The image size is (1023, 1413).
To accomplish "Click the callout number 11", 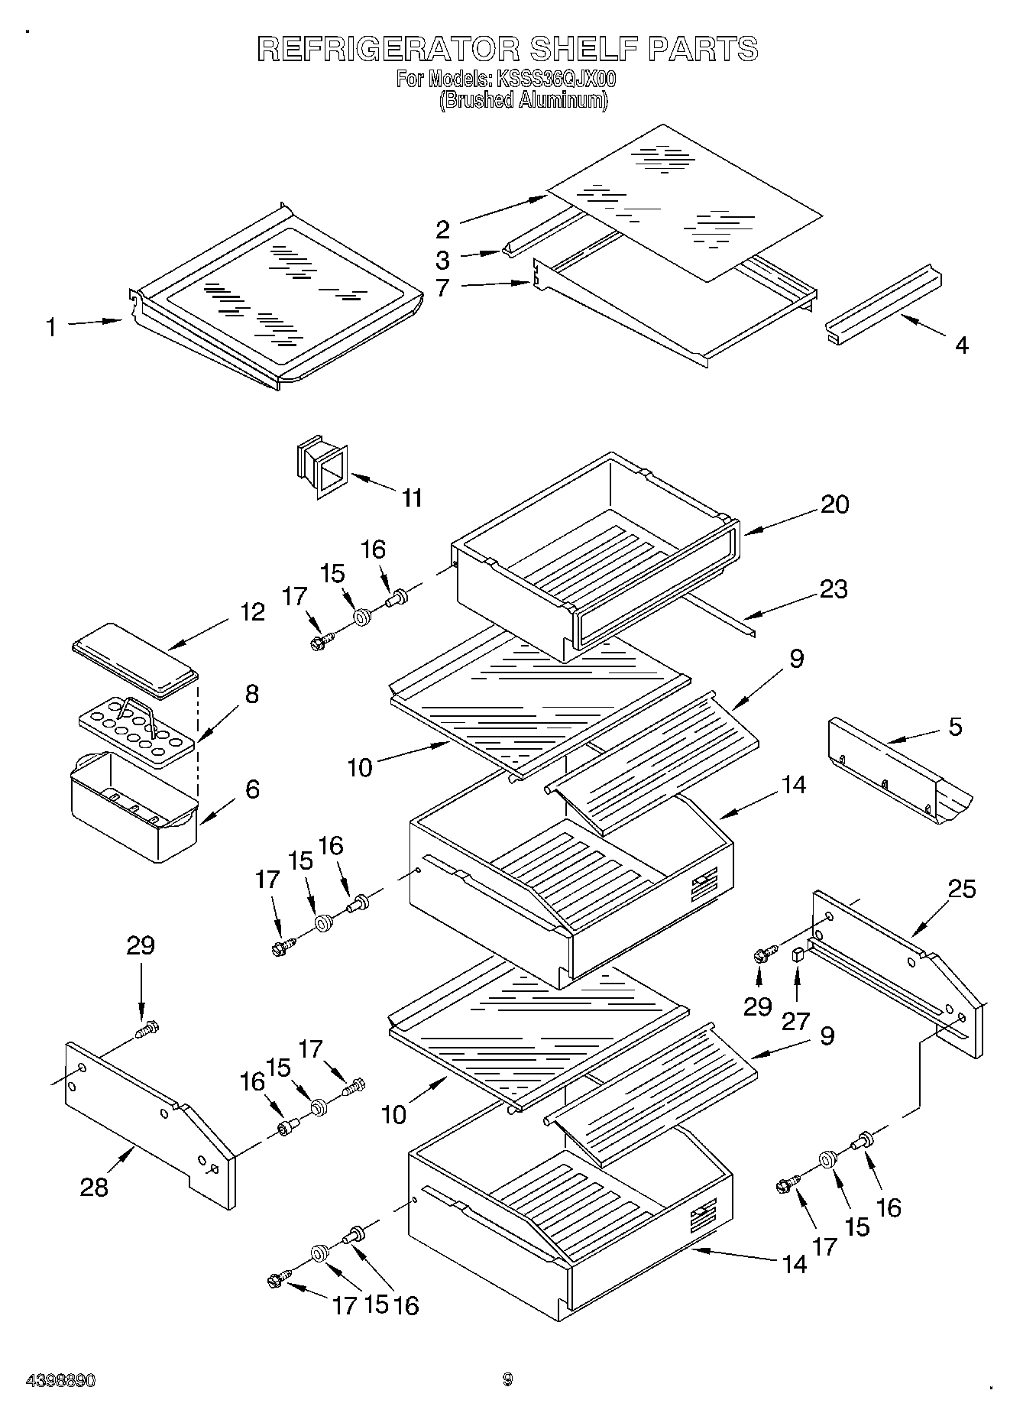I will point(412,498).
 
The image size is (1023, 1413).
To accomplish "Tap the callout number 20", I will point(834,504).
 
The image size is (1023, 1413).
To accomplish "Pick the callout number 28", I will point(94,1187).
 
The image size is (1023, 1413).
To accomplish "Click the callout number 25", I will point(962,889).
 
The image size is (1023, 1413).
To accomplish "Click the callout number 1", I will point(50,328).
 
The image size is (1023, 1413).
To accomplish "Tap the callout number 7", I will point(443,288).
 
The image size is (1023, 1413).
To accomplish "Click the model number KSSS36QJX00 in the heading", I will point(556,79).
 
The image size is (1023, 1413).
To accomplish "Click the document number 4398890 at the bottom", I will point(60,1380).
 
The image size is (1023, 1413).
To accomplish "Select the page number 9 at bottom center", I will point(507,1379).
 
